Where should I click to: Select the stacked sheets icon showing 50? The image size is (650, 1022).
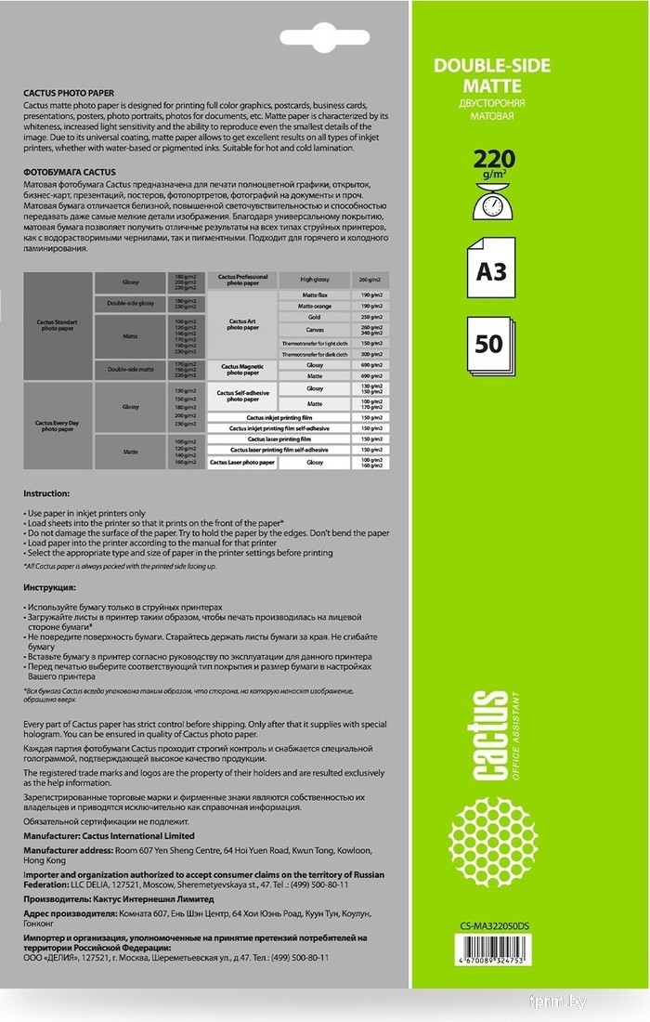pyautogui.click(x=490, y=346)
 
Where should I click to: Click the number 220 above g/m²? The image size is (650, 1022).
pyautogui.click(x=492, y=156)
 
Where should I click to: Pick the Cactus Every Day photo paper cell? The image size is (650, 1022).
pyautogui.click(x=58, y=426)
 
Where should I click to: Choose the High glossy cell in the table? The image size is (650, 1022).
pyautogui.click(x=315, y=279)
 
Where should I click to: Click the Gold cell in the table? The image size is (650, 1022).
pyautogui.click(x=315, y=317)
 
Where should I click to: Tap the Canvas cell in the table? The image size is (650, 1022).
pyautogui.click(x=315, y=329)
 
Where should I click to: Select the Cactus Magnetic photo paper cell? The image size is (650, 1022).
pyautogui.click(x=242, y=370)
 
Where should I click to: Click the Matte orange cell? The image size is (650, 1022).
pyautogui.click(x=315, y=306)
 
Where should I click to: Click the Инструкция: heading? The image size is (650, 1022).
pyautogui.click(x=52, y=588)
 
